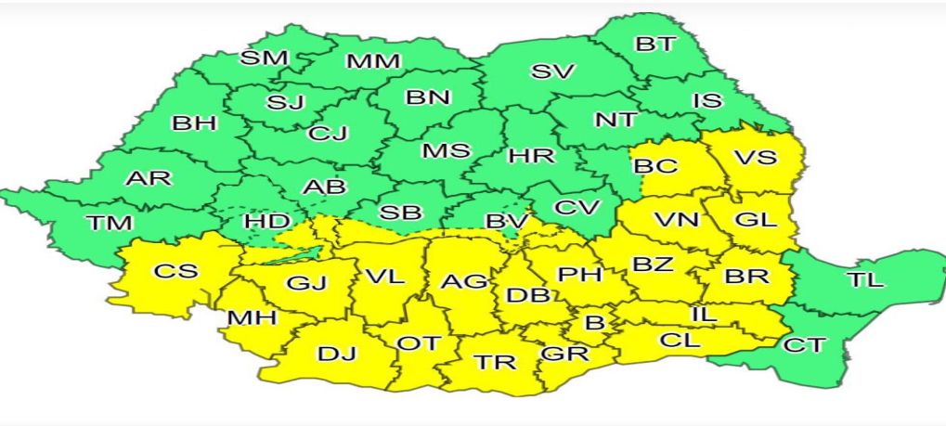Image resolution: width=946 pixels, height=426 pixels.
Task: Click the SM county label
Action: coord(264,58)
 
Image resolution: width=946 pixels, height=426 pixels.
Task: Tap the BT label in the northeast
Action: coord(656,44)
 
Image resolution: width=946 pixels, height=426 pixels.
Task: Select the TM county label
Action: coord(110,223)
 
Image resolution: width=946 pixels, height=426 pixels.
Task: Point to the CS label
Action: coord(175,271)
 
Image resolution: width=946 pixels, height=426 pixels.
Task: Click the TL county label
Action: coord(864,279)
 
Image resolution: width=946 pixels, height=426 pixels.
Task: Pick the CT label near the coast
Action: coord(804,345)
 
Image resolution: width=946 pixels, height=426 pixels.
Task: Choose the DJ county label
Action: coord(336,354)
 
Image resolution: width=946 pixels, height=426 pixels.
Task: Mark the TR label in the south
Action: coord(495,362)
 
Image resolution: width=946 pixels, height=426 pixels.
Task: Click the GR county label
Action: coord(564,354)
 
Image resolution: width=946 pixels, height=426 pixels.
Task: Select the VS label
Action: coord(755,157)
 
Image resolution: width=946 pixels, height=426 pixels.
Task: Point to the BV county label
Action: coord(507,223)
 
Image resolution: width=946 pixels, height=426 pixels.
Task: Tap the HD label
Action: coord(266,223)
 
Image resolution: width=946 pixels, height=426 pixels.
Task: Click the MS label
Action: coord(446,150)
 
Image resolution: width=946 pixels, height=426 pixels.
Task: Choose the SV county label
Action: coord(552,71)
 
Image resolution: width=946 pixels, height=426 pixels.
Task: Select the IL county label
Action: coord(704,315)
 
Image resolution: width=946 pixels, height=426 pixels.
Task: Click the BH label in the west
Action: coord(194,123)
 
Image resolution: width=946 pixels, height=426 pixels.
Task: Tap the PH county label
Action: coord(580,275)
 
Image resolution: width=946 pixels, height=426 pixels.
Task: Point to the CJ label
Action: coord(328,134)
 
